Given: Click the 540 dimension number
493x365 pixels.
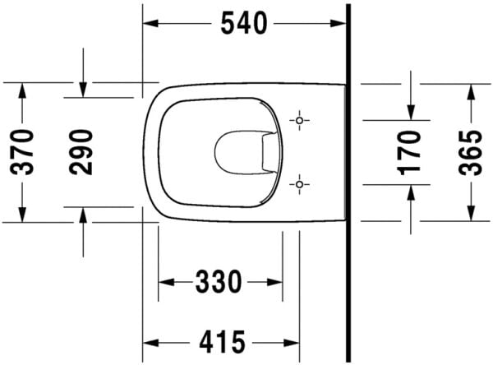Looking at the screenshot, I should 243,25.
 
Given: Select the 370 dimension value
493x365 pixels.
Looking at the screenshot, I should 22,151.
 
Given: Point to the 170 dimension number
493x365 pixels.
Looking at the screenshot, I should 411,151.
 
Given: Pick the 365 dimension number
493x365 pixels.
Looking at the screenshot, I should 470,151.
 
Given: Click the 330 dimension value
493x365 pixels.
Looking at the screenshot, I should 219,283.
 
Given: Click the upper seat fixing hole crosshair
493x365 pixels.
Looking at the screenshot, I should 300,121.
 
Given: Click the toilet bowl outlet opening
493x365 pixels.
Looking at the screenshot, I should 238,151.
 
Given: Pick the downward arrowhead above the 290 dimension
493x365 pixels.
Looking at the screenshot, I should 82,90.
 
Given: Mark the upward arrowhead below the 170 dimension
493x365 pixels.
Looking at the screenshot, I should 411,191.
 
